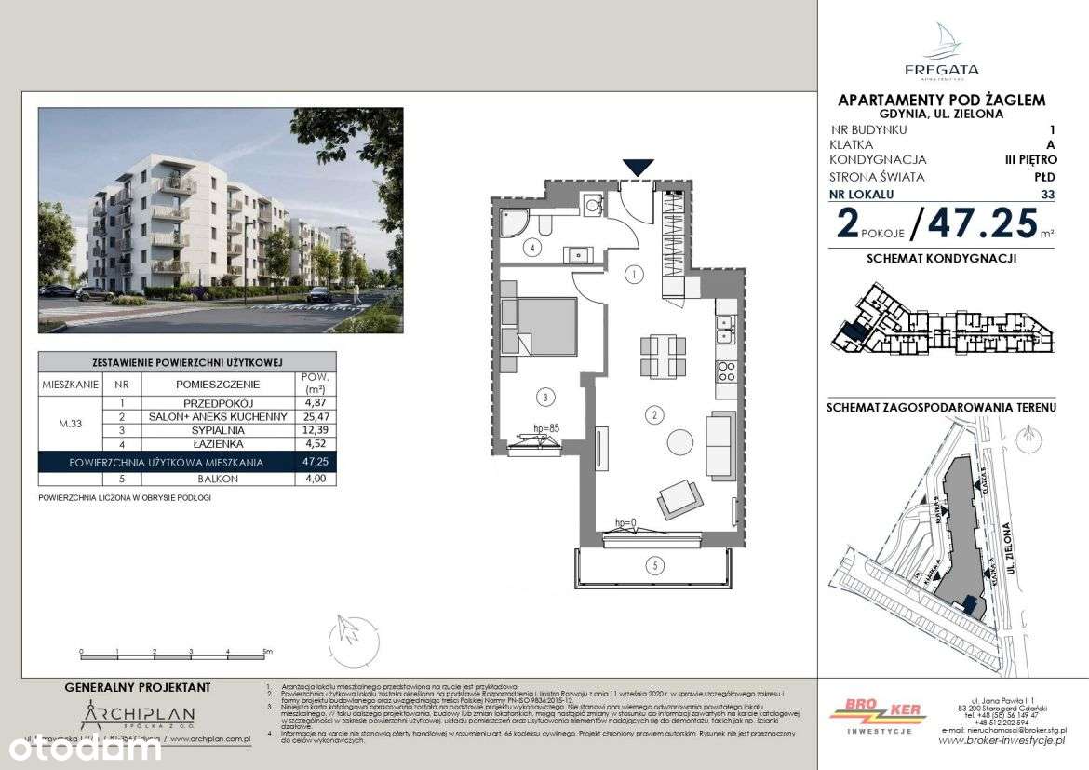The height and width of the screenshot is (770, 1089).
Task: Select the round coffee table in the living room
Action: [x=679, y=441]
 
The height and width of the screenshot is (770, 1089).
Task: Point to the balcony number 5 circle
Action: [x=655, y=564]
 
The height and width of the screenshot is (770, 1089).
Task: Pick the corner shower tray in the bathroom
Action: [x=514, y=221]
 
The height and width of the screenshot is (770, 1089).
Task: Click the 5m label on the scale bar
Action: [x=267, y=652]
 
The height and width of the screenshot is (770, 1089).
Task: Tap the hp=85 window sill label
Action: [x=544, y=429]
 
